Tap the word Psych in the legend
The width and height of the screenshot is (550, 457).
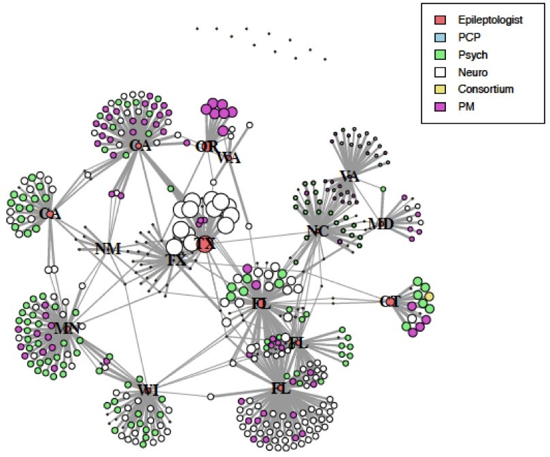(x=470, y=54)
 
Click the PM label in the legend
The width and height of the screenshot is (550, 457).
(x=465, y=105)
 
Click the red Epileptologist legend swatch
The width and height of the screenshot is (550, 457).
(x=439, y=20)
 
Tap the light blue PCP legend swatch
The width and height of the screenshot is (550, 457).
(x=439, y=37)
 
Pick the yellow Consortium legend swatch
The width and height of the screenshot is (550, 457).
(x=439, y=88)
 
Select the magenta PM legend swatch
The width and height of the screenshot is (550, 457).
(x=439, y=105)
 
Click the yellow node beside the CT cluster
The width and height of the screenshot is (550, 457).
(x=429, y=297)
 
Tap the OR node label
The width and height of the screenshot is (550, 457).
(x=205, y=146)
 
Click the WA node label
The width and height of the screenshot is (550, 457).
(x=228, y=158)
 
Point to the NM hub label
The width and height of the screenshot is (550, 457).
(x=107, y=249)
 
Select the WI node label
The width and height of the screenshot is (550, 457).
(x=148, y=390)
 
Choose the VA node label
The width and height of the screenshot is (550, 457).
(x=349, y=176)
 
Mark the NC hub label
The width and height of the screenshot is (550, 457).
(x=317, y=231)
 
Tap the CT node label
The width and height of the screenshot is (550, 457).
(x=389, y=301)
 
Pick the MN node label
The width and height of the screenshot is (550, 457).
(x=67, y=328)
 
